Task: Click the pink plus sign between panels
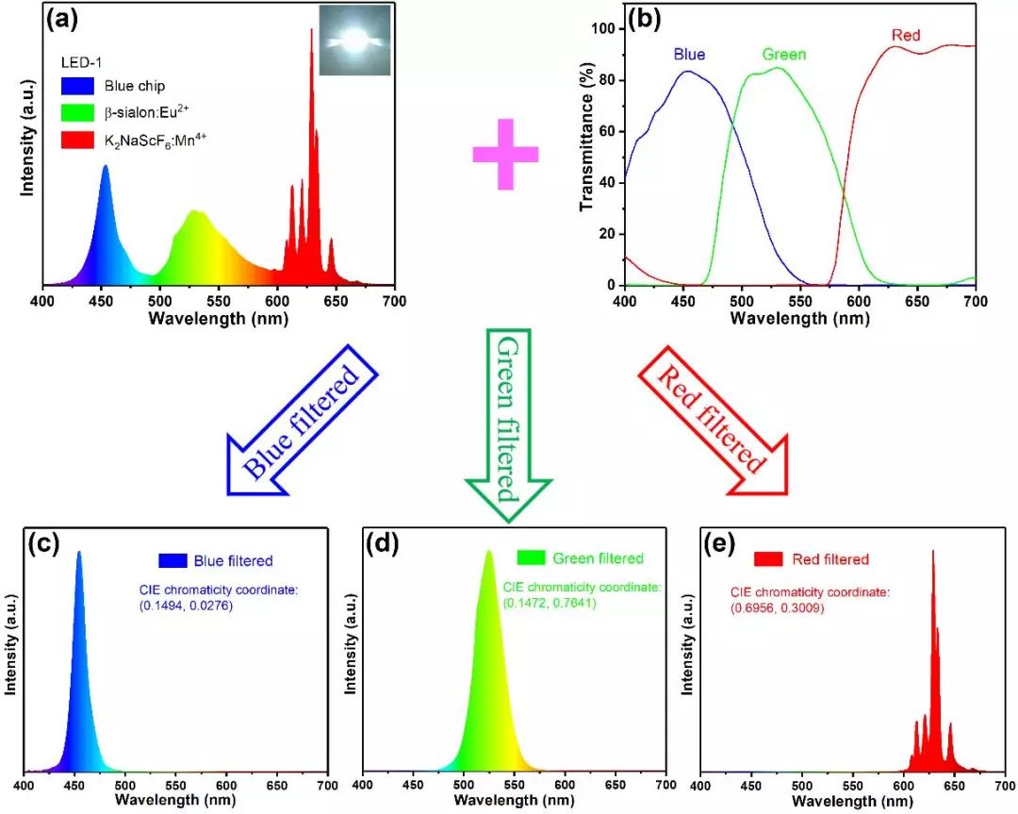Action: [x=505, y=154]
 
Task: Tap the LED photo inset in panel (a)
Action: [x=353, y=40]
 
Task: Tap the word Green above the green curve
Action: [x=784, y=54]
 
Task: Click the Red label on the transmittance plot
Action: [x=907, y=36]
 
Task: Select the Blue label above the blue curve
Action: [x=689, y=55]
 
